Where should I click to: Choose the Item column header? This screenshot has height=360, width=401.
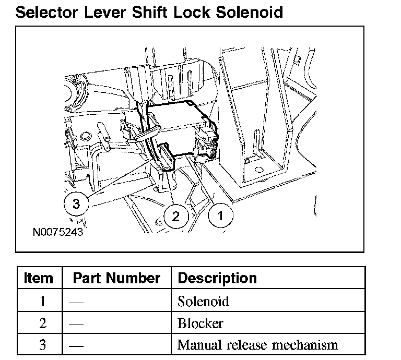point(38,278)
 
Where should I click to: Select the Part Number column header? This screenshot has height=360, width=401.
point(116,278)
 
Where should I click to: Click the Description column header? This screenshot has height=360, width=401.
point(217,278)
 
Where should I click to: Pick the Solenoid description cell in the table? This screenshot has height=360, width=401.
point(203,301)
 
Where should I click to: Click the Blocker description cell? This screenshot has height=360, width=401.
point(200,323)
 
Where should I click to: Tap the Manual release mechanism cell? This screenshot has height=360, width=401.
point(257,345)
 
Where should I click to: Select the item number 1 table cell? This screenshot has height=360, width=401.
point(43,301)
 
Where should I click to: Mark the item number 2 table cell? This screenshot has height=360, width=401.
point(43,323)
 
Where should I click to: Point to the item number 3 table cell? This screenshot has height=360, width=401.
point(43,345)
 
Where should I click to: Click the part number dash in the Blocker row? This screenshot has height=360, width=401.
point(76,323)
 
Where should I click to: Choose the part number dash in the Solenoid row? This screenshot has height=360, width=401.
point(76,301)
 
